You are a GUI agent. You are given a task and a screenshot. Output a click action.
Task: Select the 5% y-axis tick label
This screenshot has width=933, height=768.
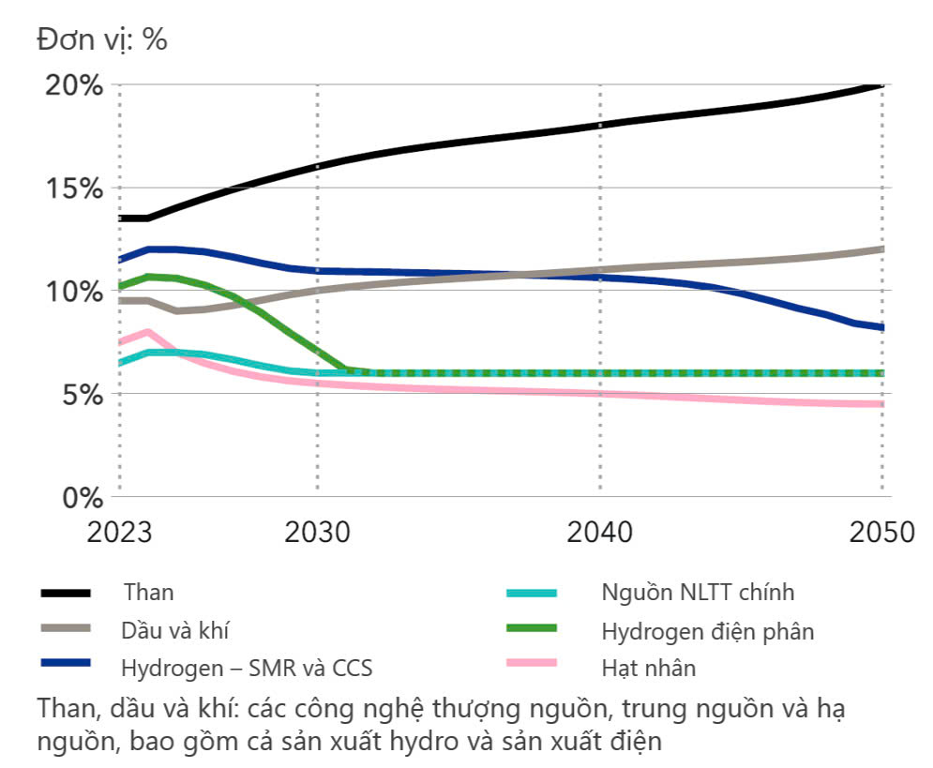tap(78, 395)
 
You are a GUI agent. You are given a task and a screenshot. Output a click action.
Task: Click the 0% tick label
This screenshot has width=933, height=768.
tap(78, 497)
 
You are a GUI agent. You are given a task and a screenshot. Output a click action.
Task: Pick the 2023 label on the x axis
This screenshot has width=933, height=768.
tap(119, 532)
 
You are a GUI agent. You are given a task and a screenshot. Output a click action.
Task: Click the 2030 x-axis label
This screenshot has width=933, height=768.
tap(317, 532)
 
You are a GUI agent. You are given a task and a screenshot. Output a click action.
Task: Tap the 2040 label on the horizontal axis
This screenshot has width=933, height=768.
tap(599, 532)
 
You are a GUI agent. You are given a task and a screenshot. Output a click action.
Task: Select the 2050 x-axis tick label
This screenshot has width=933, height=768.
tap(881, 532)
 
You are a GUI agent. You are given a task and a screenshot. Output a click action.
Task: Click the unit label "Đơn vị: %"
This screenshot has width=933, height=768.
tap(102, 39)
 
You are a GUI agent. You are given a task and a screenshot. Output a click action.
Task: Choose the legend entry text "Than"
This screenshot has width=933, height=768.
tap(148, 593)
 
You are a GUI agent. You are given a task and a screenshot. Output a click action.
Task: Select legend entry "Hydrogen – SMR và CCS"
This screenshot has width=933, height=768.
tap(247, 669)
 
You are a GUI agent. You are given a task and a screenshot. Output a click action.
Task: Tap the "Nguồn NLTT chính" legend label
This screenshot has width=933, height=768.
tap(698, 593)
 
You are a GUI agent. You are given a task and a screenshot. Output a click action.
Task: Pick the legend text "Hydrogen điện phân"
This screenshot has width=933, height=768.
tap(708, 631)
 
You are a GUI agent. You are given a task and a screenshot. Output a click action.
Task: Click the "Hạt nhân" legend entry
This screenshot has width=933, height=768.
tap(649, 669)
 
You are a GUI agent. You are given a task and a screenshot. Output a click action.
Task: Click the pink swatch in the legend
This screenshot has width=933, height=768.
tap(531, 663)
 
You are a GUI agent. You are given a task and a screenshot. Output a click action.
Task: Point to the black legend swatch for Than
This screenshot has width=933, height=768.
tap(65, 593)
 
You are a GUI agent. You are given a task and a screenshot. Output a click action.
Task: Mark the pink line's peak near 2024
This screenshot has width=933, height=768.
tap(147, 331)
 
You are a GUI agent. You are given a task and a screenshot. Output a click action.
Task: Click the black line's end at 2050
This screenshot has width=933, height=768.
tap(881, 85)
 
